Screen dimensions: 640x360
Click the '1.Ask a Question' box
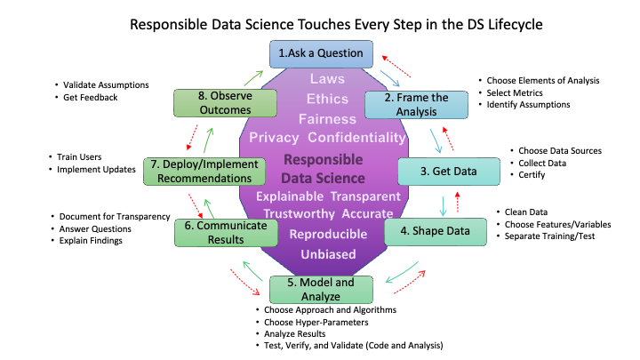(321, 54)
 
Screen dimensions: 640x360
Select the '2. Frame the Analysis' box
(416, 105)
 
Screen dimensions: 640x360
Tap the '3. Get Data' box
(449, 172)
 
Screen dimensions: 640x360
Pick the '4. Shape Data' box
(435, 232)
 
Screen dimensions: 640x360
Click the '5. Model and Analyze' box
(321, 290)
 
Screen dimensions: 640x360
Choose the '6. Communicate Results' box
(226, 233)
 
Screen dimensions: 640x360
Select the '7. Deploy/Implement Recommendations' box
(204, 172)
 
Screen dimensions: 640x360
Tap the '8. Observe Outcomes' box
(225, 103)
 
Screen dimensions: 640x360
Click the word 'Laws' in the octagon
(327, 79)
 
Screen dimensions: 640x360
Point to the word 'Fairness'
(327, 119)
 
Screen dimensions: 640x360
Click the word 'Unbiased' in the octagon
(328, 254)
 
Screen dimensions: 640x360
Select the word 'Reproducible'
(328, 235)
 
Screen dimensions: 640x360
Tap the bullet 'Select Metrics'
(515, 93)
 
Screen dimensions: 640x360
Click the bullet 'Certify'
(532, 175)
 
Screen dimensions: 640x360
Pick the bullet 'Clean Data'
(526, 212)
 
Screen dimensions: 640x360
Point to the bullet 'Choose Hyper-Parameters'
(316, 323)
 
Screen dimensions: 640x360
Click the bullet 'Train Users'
(79, 157)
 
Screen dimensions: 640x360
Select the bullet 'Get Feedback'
(90, 98)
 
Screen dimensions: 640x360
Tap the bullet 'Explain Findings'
(91, 241)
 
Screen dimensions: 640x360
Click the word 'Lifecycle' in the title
(516, 25)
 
